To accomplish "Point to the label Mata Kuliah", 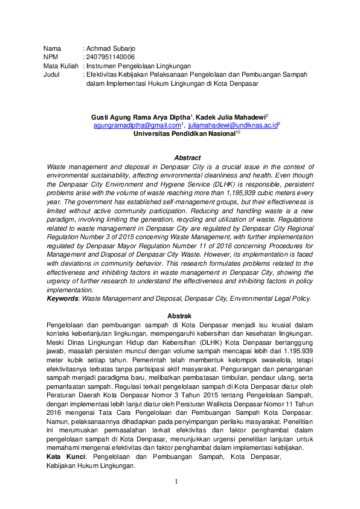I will coord(60,66).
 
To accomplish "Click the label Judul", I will coord(53,74).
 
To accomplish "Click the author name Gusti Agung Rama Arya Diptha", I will coord(141,116).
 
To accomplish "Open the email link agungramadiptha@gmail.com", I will coord(137,125).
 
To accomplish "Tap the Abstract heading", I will coord(179,158).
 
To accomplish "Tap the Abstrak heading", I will coord(179,316).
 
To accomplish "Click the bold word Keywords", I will coord(62,298).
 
